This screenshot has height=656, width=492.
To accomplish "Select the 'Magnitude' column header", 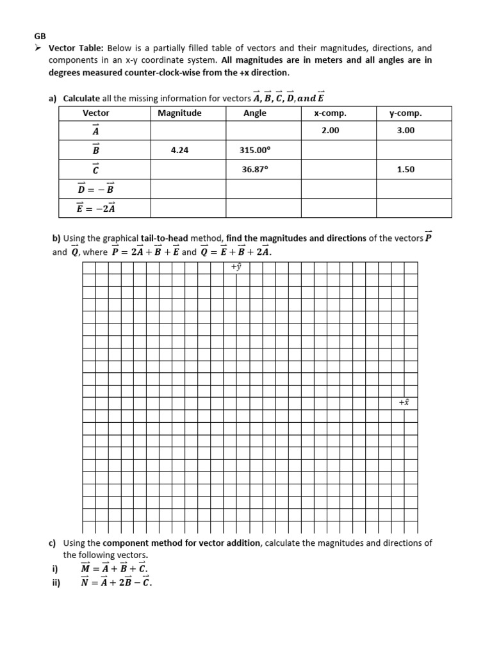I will coord(179,113).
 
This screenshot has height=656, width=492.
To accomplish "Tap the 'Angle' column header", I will coord(255,113).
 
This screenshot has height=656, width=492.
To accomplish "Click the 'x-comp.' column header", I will coord(330,113).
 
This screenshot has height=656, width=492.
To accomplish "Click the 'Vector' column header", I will coord(96,113).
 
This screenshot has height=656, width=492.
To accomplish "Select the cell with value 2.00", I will coord(330,130).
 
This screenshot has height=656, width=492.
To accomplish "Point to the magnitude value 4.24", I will coord(179,150).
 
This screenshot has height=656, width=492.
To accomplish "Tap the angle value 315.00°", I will coord(255,150).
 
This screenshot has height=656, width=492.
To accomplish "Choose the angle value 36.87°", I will coord(255,170).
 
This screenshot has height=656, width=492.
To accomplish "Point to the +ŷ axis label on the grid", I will coord(236,267).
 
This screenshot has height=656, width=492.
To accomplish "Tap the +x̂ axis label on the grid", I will coord(404,402).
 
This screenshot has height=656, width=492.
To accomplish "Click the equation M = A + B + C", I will coord(114,568).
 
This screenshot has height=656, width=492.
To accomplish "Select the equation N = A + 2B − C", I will coord(117,582).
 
